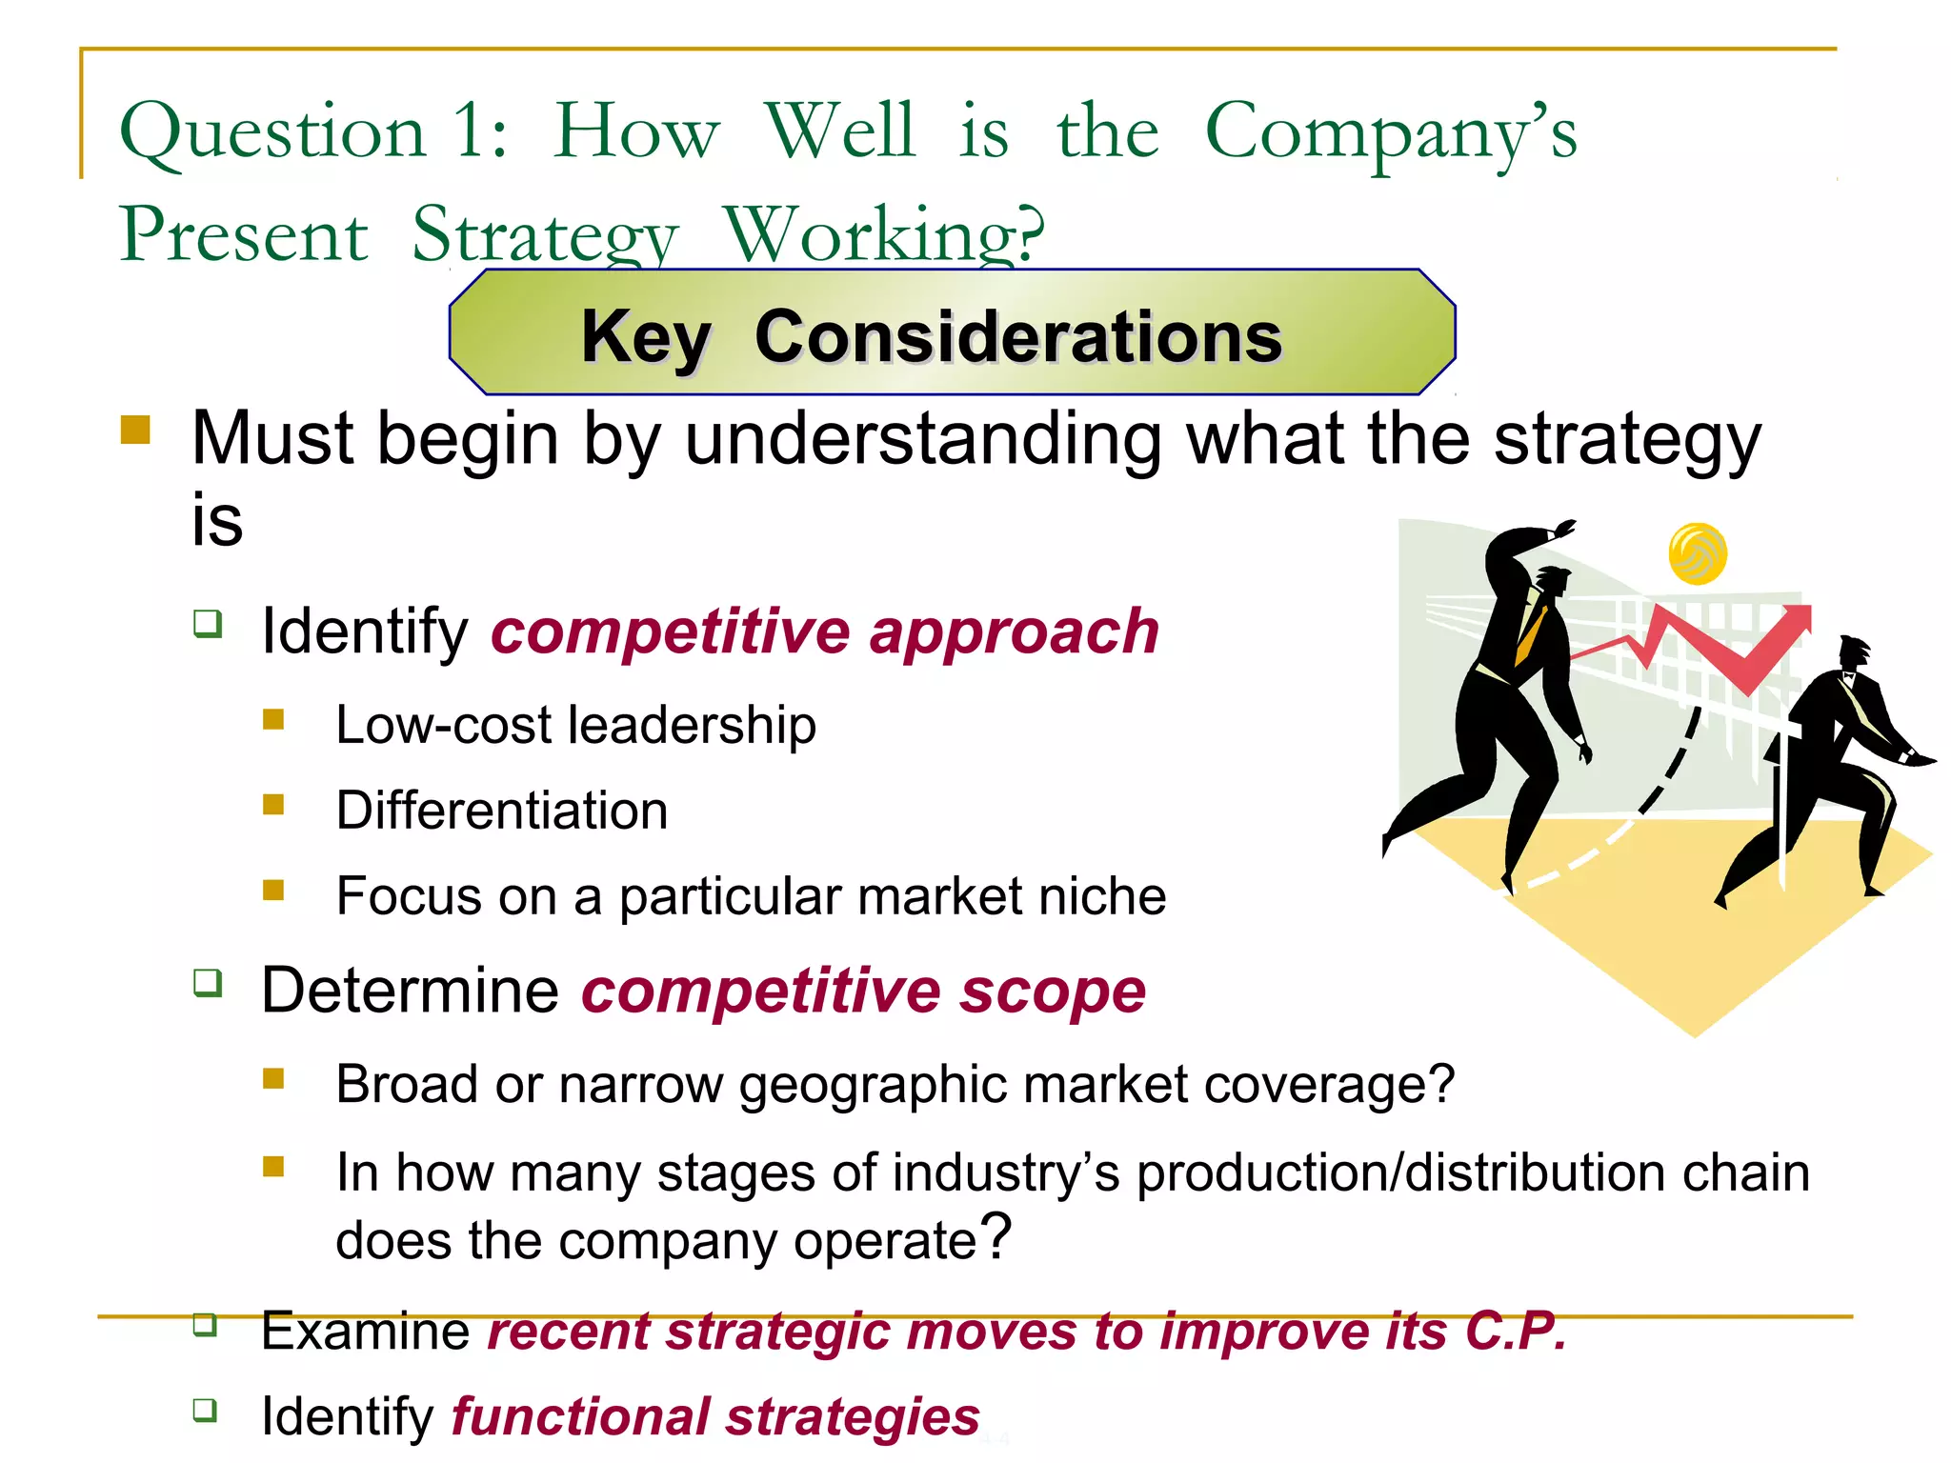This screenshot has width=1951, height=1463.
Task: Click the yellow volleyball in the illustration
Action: point(1698,553)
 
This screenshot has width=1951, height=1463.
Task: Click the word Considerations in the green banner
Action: point(1018,337)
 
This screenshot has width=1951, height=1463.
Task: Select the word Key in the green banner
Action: point(646,337)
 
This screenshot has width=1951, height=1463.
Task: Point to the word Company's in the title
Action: point(1391,133)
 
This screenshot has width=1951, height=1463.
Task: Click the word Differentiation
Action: point(502,811)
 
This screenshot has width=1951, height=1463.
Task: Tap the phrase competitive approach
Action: point(824,631)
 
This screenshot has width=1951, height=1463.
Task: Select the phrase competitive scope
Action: point(863,991)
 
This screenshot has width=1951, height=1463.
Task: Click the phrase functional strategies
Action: point(715,1416)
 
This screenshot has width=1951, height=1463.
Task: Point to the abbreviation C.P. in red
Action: point(1515,1331)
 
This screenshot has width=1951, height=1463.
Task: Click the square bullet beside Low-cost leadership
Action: point(273,719)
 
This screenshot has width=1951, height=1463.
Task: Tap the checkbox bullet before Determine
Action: point(208,982)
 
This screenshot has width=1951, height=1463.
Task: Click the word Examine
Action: point(366,1331)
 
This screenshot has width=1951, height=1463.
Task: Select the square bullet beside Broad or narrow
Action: point(273,1078)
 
